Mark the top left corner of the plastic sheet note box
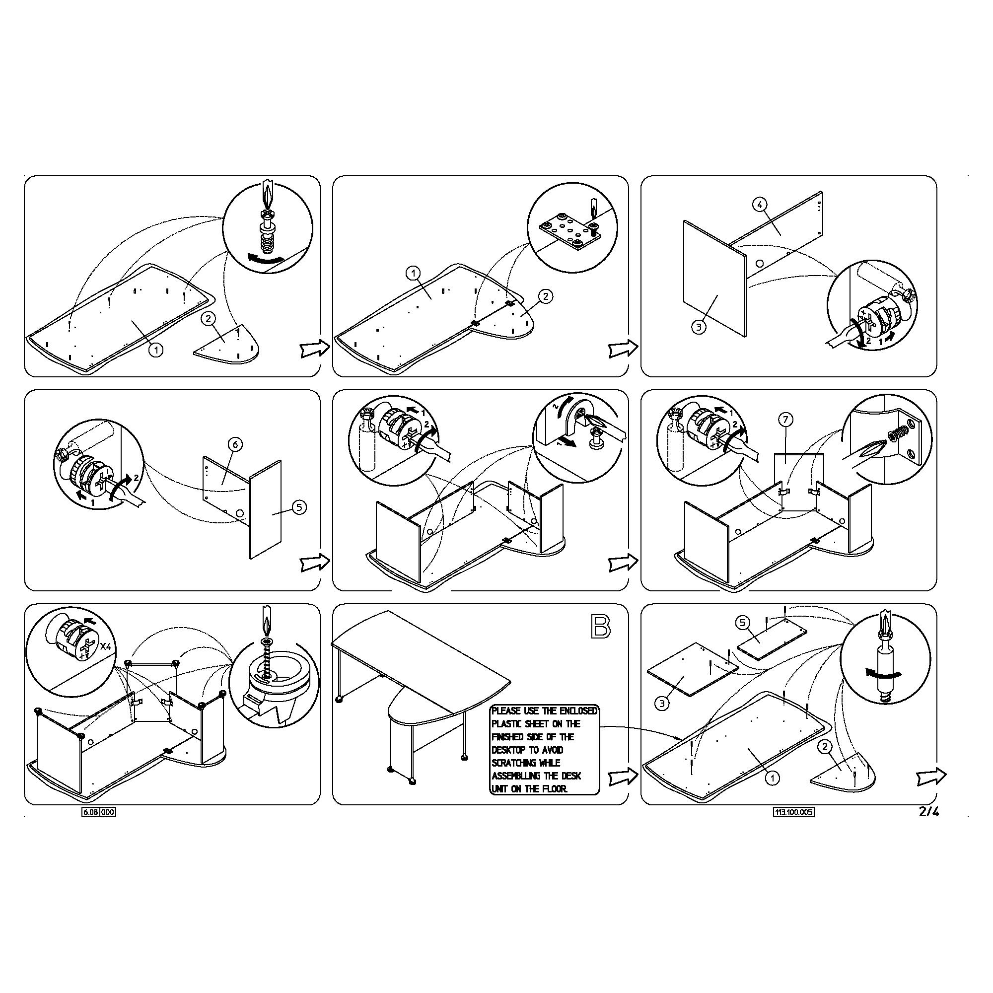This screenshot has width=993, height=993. tap(491, 705)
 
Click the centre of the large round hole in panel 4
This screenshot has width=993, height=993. tap(760, 264)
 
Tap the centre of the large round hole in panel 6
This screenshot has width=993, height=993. tap(239, 513)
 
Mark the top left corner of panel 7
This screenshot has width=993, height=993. tap(775, 454)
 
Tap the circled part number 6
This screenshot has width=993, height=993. tap(234, 444)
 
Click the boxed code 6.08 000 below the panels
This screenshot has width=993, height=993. tap(99, 813)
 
